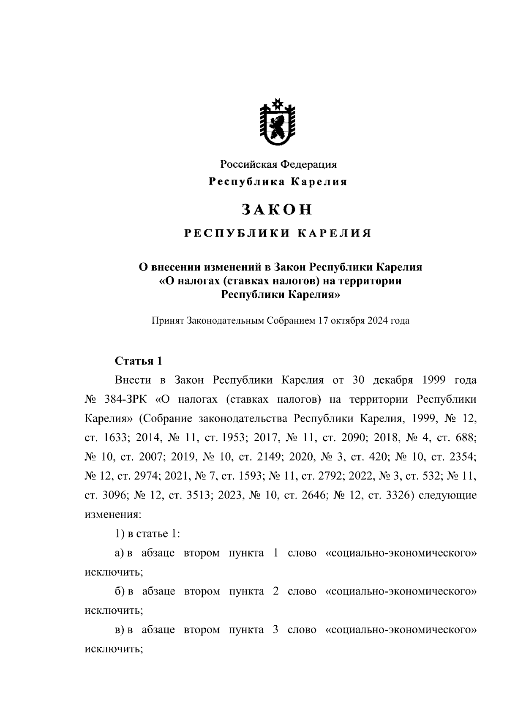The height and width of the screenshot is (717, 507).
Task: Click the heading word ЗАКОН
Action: [277, 209]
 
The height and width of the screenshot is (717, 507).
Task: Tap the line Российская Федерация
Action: [277, 164]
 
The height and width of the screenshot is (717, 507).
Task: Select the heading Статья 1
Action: [139, 361]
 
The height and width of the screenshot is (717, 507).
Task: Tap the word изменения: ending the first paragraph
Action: [113, 515]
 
